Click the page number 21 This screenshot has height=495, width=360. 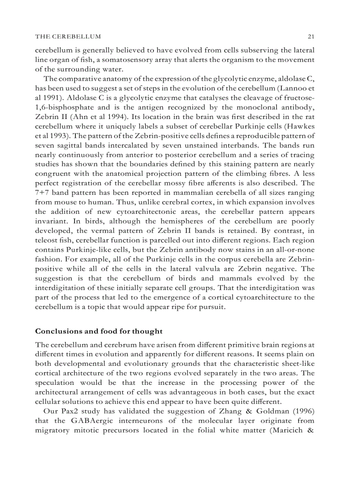click(311, 36)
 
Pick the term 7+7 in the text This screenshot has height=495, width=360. click(43, 194)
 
